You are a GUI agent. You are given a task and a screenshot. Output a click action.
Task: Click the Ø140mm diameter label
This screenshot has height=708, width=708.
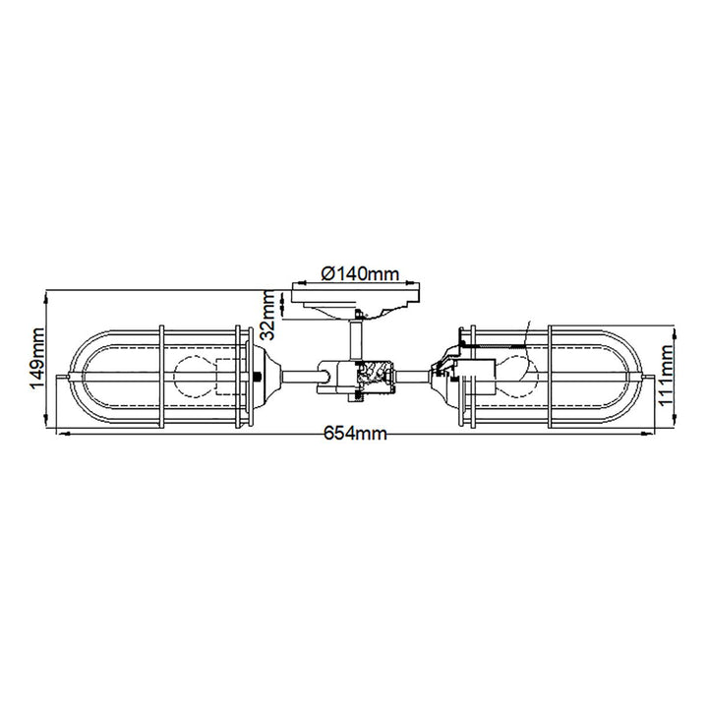coord(360,273)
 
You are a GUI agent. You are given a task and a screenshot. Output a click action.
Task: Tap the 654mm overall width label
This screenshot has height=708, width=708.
coord(355,434)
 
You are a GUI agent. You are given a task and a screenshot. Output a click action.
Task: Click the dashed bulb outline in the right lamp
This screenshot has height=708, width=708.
coord(518,375)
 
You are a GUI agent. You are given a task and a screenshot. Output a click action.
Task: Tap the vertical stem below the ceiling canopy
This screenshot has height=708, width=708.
coord(356,341)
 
